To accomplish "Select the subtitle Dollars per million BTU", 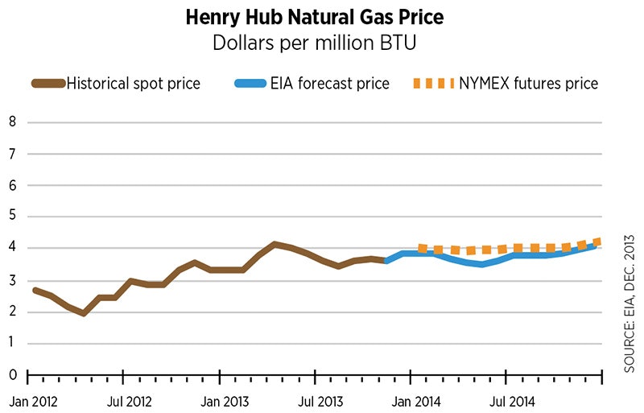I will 322,41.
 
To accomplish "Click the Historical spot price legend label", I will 133,83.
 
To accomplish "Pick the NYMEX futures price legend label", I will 527,83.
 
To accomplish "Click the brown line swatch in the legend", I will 47,83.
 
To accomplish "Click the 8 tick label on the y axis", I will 12,122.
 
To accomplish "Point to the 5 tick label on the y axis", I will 12,217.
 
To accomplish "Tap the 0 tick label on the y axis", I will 12,374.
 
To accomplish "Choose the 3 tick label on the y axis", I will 12,280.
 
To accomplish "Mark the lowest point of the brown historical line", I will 84,313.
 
